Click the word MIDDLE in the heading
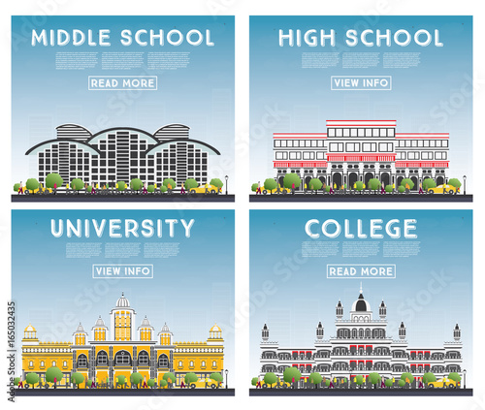72,38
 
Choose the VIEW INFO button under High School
361,82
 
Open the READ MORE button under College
361,271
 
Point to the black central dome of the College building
361,303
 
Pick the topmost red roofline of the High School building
361,122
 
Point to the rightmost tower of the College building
454,332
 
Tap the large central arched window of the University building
122,359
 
